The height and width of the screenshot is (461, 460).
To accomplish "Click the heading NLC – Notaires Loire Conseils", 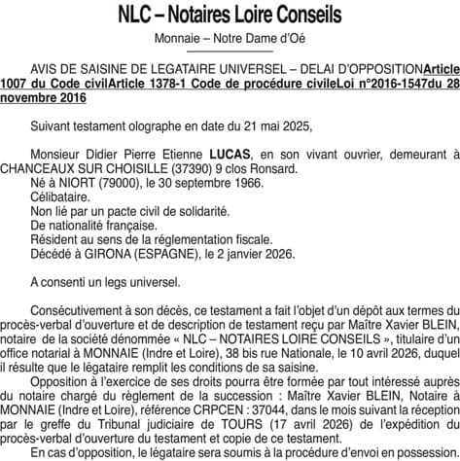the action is pyautogui.click(x=230, y=17).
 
